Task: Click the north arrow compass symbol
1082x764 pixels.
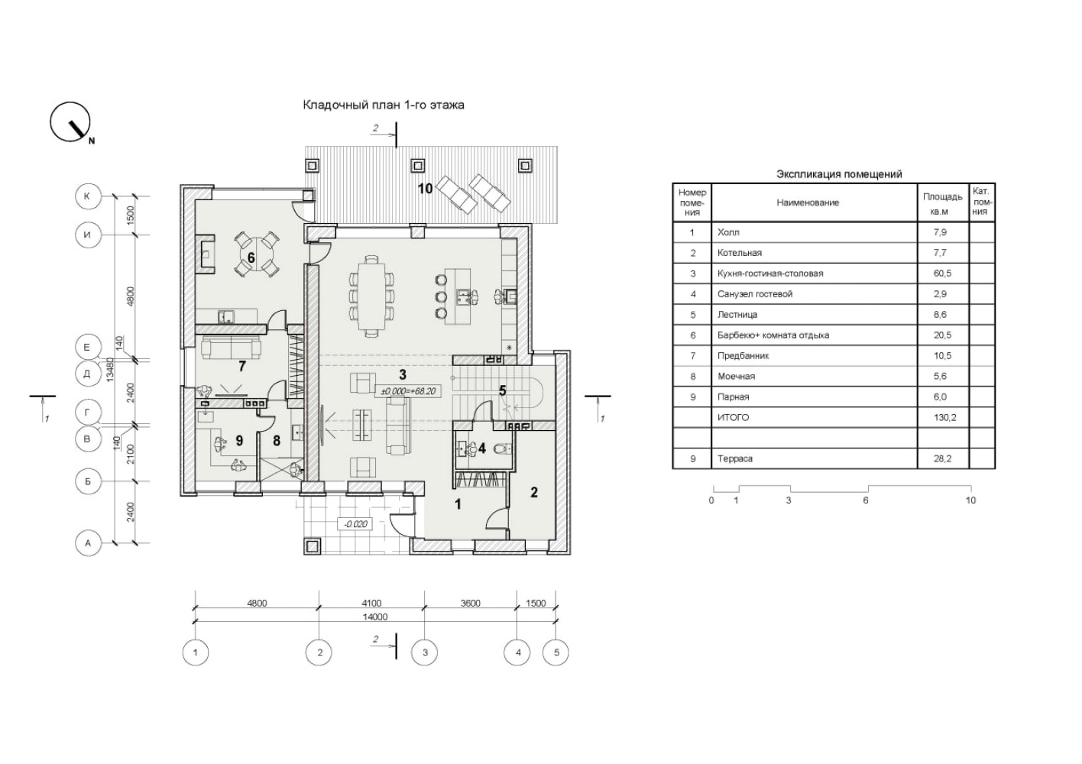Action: pos(70,121)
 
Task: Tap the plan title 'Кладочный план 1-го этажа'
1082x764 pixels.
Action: pos(384,105)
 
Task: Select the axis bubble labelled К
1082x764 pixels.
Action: pos(88,196)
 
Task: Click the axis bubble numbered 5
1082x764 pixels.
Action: pos(556,653)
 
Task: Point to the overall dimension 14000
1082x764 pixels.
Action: pos(375,617)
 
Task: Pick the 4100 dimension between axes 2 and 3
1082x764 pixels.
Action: pos(371,604)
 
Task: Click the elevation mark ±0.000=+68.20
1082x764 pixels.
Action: pos(409,390)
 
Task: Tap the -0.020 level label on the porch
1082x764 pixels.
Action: pos(355,524)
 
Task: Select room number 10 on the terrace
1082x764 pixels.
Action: pos(425,189)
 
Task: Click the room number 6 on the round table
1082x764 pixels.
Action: pos(251,258)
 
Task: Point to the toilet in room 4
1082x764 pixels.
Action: pos(501,449)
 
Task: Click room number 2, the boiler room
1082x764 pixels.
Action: pos(534,492)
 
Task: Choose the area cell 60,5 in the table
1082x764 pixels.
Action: pos(942,274)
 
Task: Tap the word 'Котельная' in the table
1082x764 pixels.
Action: pos(740,253)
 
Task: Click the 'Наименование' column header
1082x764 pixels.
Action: pos(808,202)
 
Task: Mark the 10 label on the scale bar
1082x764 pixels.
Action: pos(970,500)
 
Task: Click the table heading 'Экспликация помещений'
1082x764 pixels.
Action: pos(839,174)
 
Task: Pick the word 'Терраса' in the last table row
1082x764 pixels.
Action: pos(734,459)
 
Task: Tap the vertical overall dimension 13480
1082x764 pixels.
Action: pos(110,370)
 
